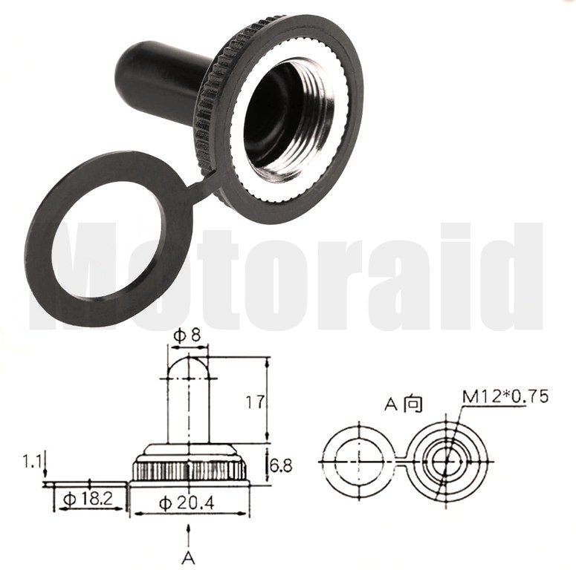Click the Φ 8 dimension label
pos(187,335)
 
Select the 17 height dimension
pos(254,402)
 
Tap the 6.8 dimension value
pos(281,466)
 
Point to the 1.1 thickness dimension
pos(32,461)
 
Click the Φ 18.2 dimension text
pos(88,499)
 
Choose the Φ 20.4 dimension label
pos(187,503)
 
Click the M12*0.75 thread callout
pos(505,396)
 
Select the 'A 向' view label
pos(404,404)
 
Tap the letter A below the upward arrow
pos(188,558)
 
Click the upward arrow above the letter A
pos(189,537)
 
